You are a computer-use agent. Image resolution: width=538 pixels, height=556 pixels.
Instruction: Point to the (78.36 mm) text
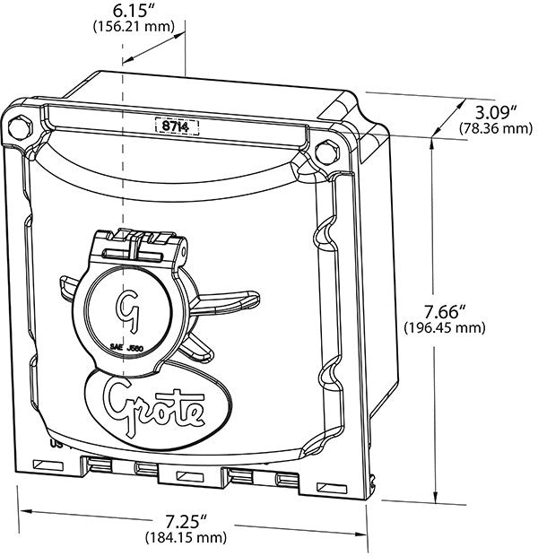[496, 129]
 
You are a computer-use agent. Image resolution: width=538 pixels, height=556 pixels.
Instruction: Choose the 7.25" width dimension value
[192, 521]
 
